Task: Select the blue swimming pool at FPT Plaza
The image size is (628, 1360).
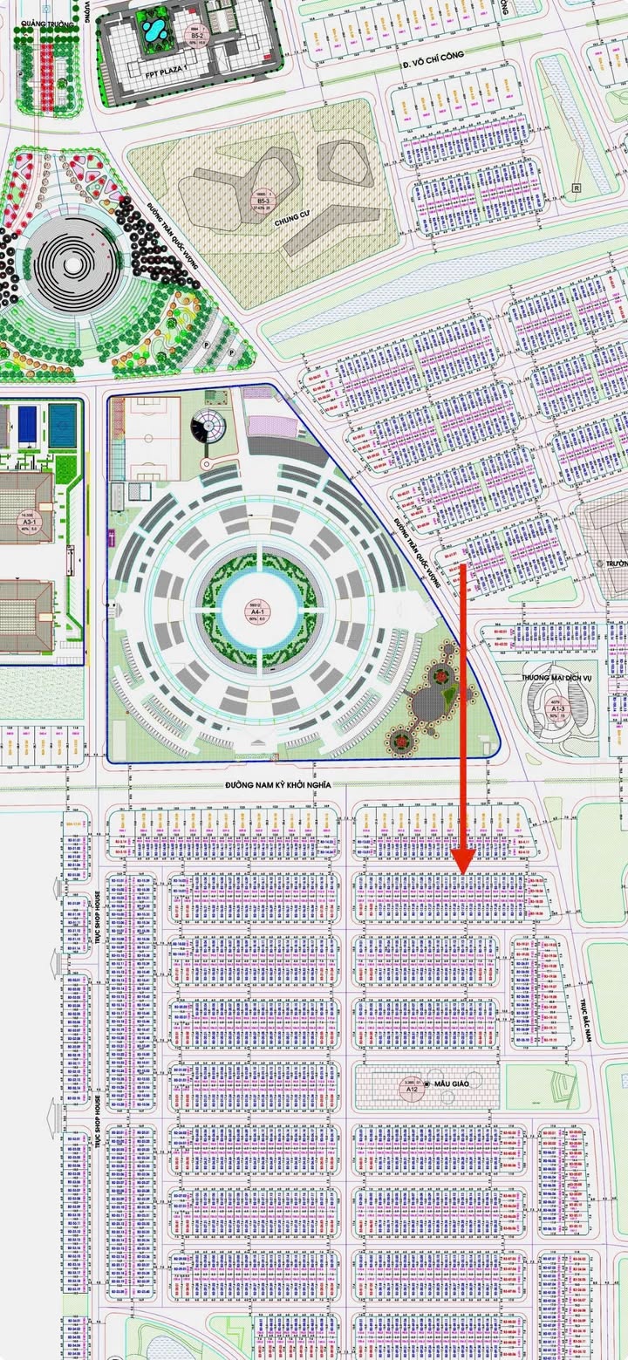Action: click(152, 31)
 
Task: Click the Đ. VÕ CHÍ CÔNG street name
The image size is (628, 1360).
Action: click(433, 59)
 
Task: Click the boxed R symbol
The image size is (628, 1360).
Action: click(576, 188)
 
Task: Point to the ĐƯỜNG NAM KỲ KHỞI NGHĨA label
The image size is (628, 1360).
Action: click(278, 784)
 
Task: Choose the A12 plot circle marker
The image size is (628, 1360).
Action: click(413, 1087)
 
